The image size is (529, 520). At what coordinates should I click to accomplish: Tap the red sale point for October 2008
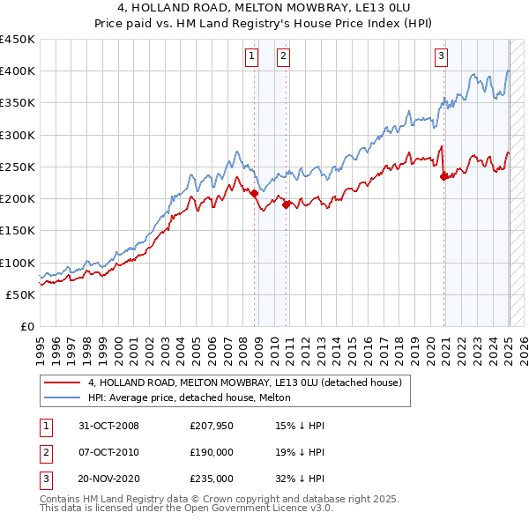(x=255, y=193)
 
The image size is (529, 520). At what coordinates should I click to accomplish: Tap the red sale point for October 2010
(x=286, y=204)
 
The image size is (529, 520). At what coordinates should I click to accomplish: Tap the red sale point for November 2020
(x=443, y=176)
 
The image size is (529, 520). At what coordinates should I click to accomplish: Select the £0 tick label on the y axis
(x=27, y=327)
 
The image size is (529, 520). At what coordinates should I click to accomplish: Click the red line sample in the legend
(x=62, y=383)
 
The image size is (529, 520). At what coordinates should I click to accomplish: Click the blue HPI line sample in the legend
(x=62, y=397)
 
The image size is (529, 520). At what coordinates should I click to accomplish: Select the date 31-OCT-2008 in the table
(x=108, y=426)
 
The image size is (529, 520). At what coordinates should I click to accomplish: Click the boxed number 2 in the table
(x=44, y=452)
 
